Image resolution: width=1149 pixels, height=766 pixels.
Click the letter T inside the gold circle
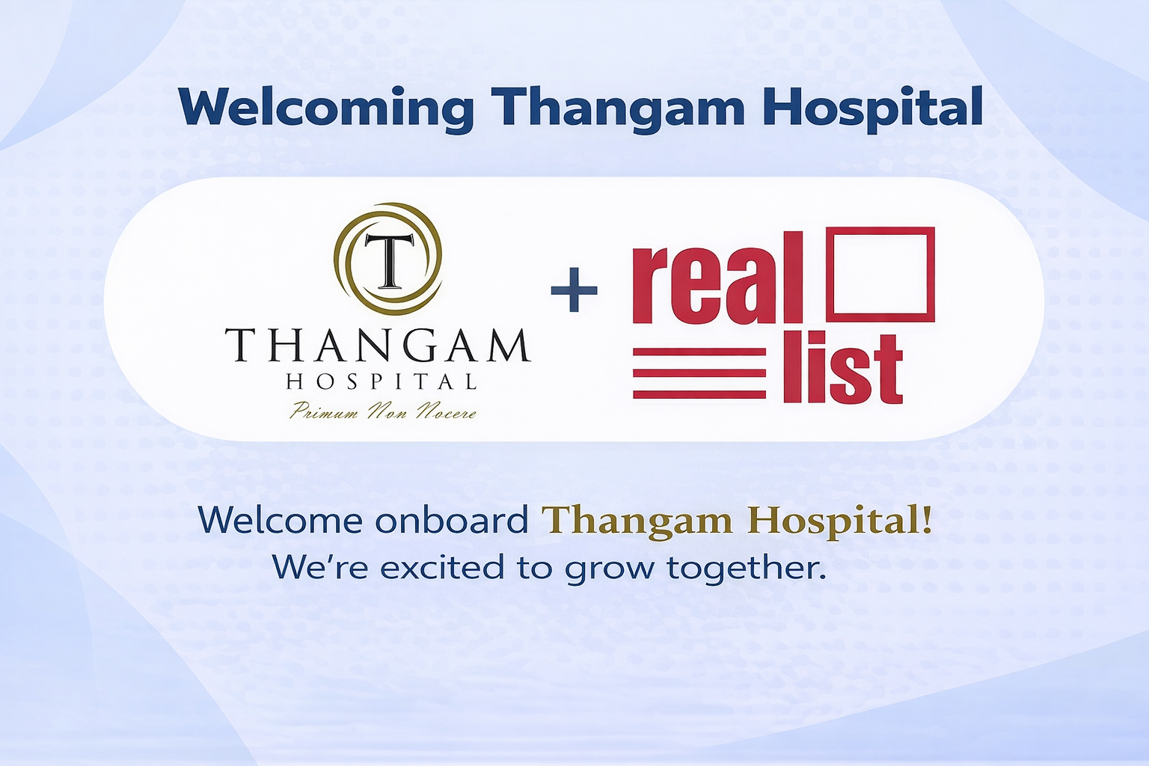point(388,260)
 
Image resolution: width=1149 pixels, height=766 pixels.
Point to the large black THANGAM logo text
point(378,346)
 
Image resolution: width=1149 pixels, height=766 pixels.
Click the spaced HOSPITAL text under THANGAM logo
point(381,382)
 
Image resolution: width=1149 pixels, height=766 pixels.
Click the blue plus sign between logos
point(574,290)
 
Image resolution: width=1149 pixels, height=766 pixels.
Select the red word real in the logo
point(717,278)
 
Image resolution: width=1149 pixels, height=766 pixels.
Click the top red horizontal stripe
point(699,352)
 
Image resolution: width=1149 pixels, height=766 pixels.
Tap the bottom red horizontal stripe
point(699,394)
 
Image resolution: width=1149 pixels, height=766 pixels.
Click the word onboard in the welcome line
point(451,520)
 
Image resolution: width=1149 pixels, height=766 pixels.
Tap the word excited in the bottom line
point(444,567)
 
